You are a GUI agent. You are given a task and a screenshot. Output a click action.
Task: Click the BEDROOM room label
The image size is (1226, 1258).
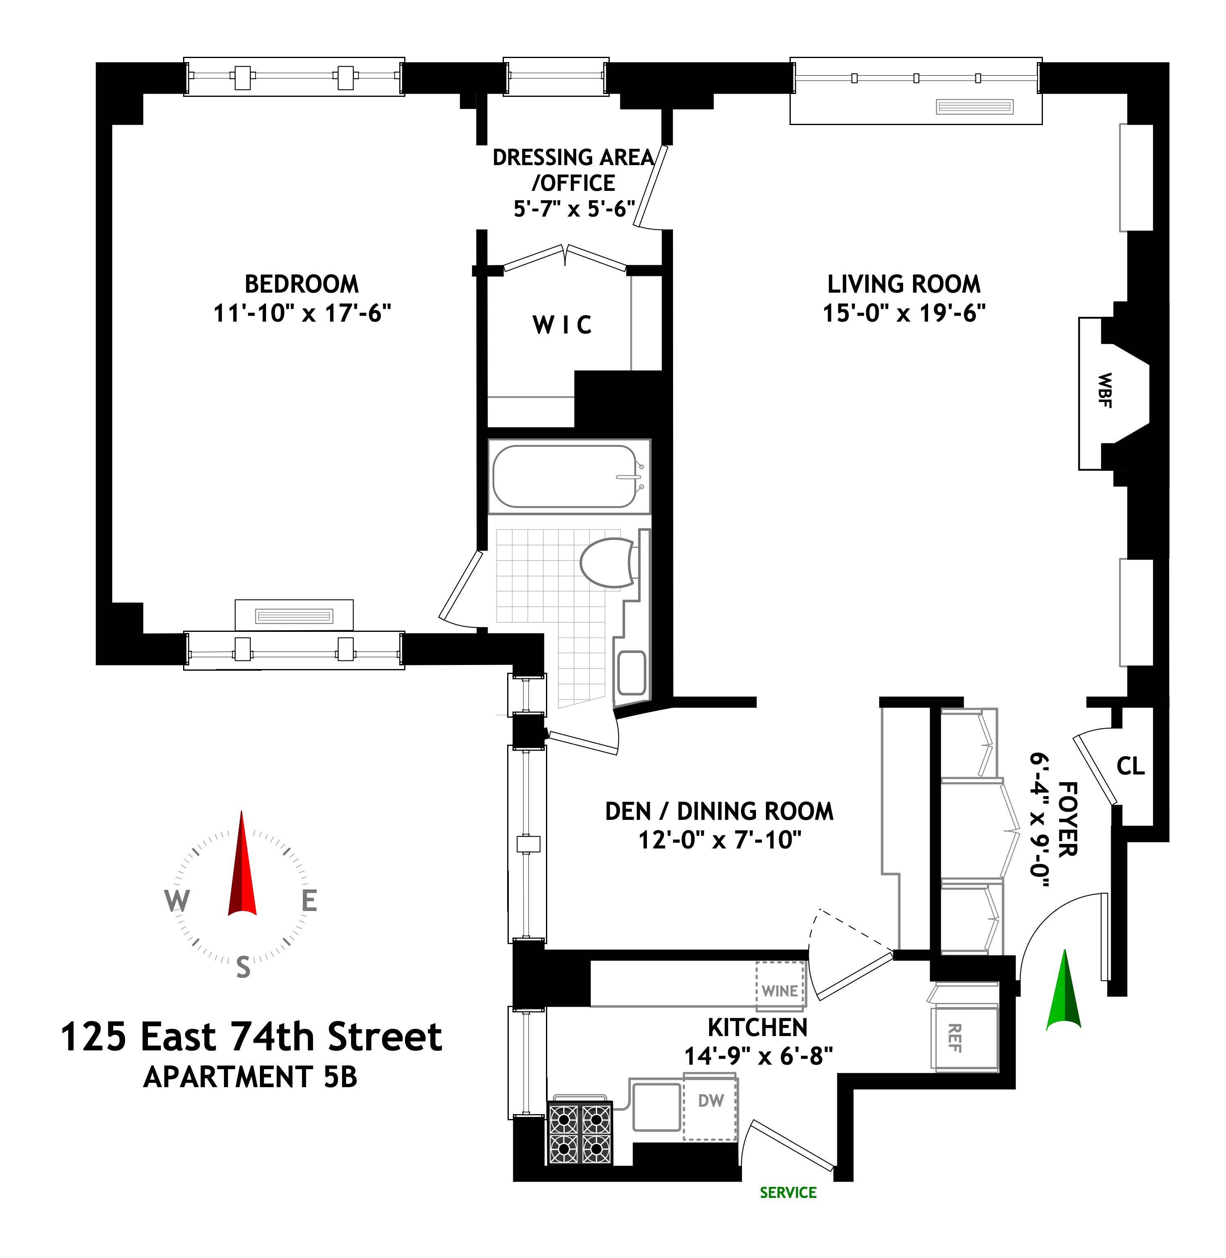[x=301, y=284]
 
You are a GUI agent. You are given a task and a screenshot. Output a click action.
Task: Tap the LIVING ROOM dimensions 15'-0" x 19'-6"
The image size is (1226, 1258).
[x=904, y=313]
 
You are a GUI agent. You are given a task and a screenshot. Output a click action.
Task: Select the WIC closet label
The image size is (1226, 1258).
[x=562, y=325]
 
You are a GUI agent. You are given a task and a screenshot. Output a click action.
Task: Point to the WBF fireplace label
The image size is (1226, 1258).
[x=1104, y=390]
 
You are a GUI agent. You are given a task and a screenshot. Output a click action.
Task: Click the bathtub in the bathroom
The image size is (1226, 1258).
[x=565, y=477]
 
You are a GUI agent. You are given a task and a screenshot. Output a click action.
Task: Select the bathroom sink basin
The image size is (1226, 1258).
[x=632, y=673]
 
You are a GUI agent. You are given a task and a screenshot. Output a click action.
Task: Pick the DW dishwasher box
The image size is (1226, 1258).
[x=710, y=1101]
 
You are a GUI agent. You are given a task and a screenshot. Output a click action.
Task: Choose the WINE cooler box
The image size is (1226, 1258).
[x=780, y=991]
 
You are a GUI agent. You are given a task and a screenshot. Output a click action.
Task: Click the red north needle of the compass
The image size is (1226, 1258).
[x=242, y=866]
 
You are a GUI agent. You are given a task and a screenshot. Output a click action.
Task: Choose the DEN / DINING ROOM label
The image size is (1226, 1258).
[x=719, y=811]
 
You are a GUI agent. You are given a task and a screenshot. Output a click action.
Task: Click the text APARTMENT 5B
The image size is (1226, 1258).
[x=251, y=1077]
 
